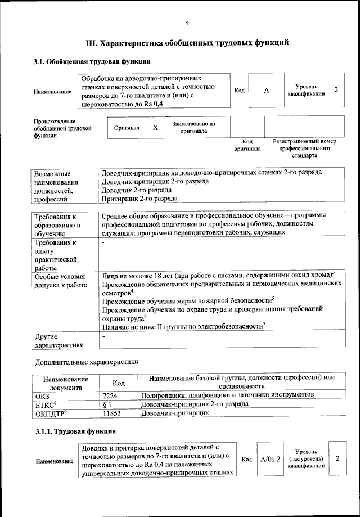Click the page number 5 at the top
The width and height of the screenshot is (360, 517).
click(x=187, y=23)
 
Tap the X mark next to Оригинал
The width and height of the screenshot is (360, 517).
click(x=155, y=128)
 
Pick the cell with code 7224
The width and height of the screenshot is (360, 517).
click(x=110, y=395)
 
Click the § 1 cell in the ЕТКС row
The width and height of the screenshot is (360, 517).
click(x=109, y=404)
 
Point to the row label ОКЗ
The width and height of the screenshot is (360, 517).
click(x=43, y=395)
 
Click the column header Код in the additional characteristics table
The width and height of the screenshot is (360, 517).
click(x=118, y=383)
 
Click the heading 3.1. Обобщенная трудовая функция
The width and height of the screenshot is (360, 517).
click(x=92, y=61)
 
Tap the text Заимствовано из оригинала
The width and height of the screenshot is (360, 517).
click(x=193, y=127)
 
